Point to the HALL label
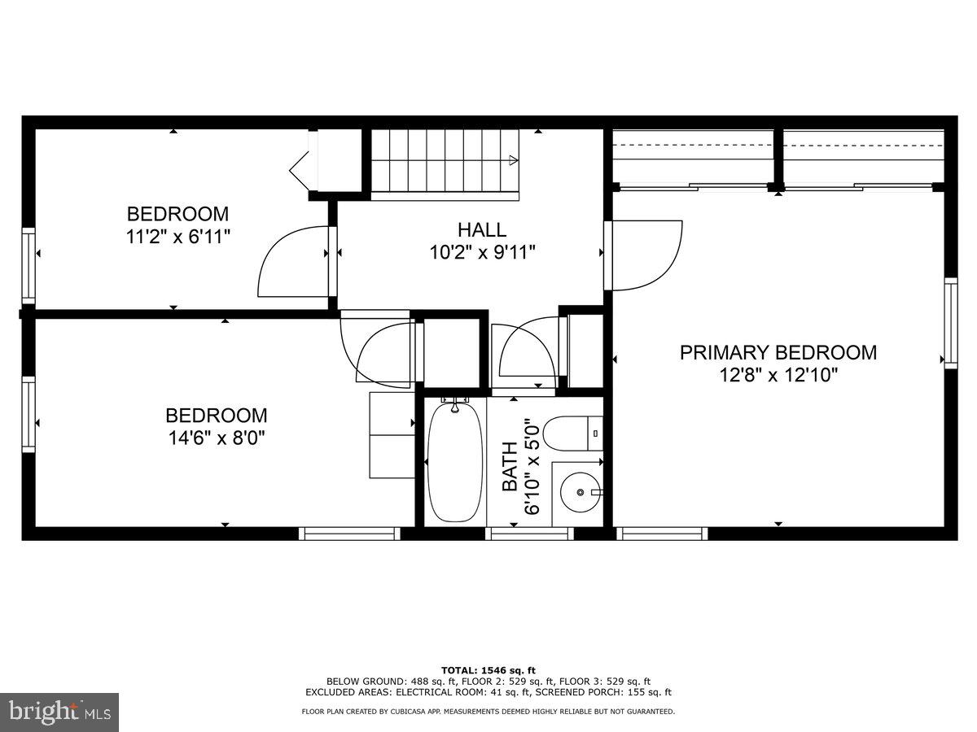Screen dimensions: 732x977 [481, 230]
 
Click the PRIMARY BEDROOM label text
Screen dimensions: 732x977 [778, 352]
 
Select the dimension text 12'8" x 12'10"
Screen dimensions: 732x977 [778, 375]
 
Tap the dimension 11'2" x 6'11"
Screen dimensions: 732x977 [177, 237]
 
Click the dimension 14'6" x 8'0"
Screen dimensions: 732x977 [216, 438]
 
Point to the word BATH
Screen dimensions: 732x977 [510, 467]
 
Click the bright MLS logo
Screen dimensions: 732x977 [59, 712]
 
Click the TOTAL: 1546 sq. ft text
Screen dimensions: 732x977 [488, 669]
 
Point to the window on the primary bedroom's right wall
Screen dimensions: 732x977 [950, 323]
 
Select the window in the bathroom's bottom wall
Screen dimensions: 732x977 [530, 534]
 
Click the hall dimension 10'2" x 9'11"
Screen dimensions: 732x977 [482, 253]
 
